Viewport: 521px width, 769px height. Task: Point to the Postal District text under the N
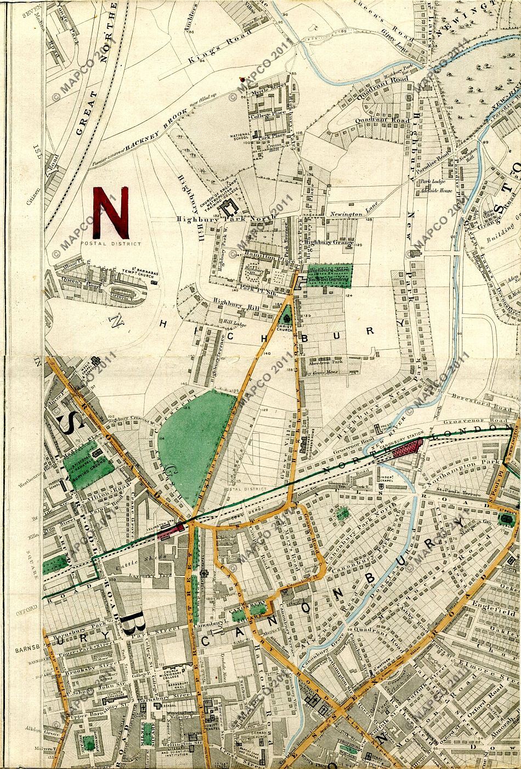pos(110,244)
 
